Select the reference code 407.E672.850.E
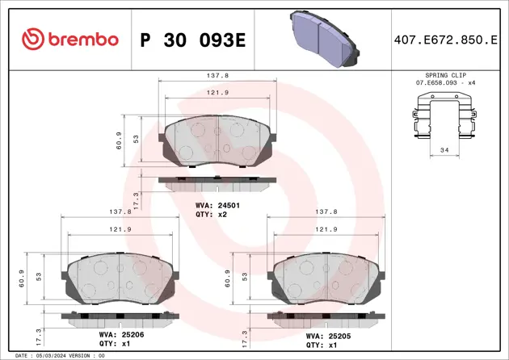[x=444, y=40]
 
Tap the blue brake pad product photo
[x=322, y=38]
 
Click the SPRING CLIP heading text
[x=442, y=75]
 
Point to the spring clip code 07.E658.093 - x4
[x=442, y=83]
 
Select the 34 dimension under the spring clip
[x=443, y=150]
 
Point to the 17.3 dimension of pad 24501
[x=136, y=199]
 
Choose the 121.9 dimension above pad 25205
[x=326, y=229]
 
